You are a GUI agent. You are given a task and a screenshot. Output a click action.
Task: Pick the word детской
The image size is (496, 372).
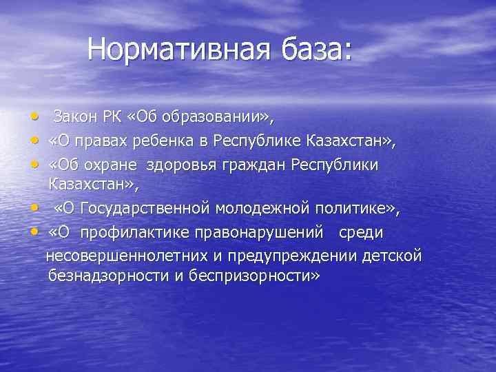pyautogui.click(x=392, y=256)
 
